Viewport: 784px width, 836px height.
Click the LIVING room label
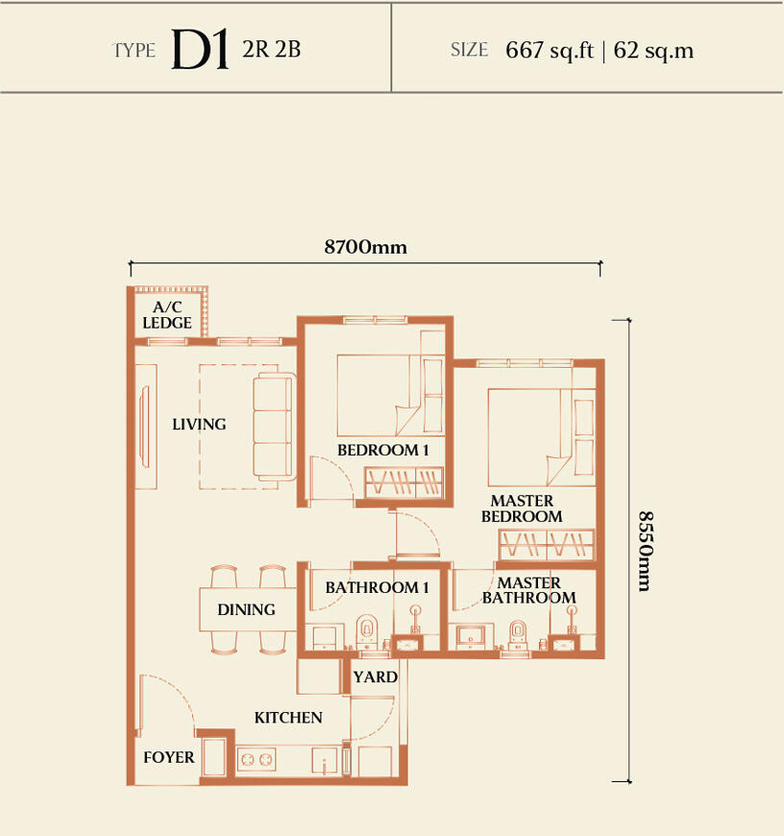point(199,425)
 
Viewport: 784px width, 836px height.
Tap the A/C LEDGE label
point(167,315)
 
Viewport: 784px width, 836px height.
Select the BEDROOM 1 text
point(382,450)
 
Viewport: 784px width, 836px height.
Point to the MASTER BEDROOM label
point(522,508)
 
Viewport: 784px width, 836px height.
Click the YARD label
point(376,677)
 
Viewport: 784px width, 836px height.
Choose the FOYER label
point(169,757)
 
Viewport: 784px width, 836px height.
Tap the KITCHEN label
point(288,718)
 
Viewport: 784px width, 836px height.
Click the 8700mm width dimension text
point(366,247)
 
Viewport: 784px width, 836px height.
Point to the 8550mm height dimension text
point(646,552)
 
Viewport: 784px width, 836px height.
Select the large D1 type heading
point(201,49)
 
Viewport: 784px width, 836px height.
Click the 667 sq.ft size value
point(550,51)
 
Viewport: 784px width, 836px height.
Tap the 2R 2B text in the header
point(272,50)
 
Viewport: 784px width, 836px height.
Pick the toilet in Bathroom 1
point(367,631)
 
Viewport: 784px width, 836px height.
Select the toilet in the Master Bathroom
point(518,634)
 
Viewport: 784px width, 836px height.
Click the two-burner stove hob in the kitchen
point(257,759)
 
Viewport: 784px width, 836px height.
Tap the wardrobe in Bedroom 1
point(404,483)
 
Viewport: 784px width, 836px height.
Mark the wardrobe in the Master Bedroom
point(547,544)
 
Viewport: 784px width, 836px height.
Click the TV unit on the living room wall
point(145,427)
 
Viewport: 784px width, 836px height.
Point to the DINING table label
point(246,609)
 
